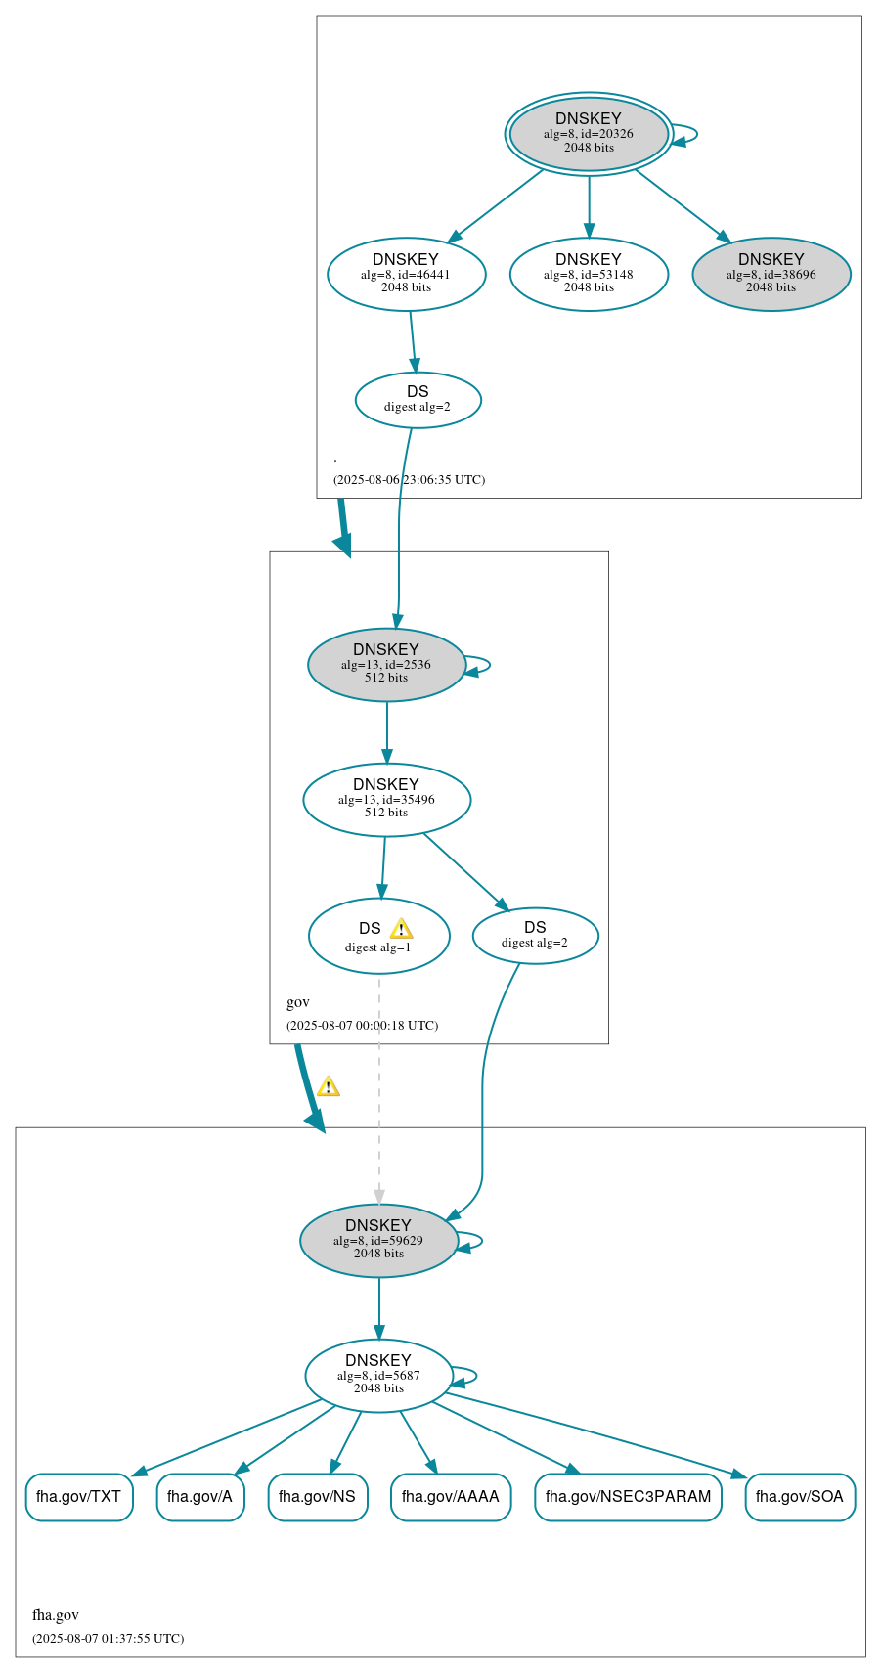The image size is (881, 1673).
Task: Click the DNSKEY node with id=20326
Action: point(589,133)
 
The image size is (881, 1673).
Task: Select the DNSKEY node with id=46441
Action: point(406,274)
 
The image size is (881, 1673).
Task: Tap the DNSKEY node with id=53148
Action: point(589,274)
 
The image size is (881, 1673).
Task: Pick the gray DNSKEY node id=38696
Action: point(771,274)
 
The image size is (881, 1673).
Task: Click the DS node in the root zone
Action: point(418,399)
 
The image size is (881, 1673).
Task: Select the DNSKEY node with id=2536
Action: point(386,664)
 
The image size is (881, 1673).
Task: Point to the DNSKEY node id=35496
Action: point(386,799)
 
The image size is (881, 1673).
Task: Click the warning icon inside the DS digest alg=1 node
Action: point(401,929)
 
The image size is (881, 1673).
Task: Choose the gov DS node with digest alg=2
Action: point(535,935)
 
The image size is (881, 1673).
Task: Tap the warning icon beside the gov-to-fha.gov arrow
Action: point(329,1086)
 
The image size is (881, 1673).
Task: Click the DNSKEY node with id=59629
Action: point(378,1240)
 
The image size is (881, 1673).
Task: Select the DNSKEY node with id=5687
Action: point(378,1375)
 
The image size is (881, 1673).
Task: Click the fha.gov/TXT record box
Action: point(78,1496)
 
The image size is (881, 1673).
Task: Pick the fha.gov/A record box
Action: point(199,1496)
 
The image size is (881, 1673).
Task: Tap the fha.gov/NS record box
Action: point(317,1496)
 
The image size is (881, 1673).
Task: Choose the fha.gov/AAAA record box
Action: point(450,1496)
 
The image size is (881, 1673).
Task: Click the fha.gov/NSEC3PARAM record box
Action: point(628,1496)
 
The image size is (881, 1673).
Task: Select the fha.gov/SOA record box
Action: point(799,1496)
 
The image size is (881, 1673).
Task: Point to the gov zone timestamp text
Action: point(362,1025)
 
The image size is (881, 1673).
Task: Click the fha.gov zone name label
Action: point(56,1614)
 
